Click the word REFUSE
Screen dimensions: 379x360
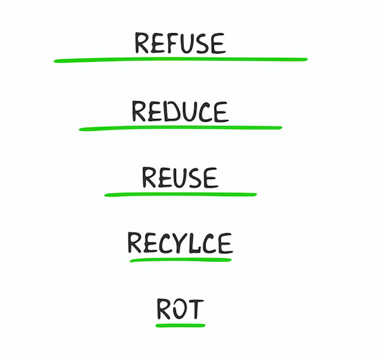coord(180,43)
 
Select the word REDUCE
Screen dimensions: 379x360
coord(180,112)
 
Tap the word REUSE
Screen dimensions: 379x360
coord(180,178)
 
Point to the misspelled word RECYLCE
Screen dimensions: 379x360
coord(180,243)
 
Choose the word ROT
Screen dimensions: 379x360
coord(180,309)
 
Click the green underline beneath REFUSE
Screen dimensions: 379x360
coord(180,60)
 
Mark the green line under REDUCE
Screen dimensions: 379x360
coord(180,128)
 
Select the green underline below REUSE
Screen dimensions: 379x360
coord(180,194)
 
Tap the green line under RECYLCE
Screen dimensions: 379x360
coord(180,260)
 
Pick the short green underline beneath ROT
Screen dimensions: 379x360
coord(180,326)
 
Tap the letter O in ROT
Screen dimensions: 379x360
coord(180,309)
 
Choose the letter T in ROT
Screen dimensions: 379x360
coord(196,309)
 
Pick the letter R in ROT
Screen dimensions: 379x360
coord(164,309)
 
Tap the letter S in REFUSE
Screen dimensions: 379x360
coord(202,43)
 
